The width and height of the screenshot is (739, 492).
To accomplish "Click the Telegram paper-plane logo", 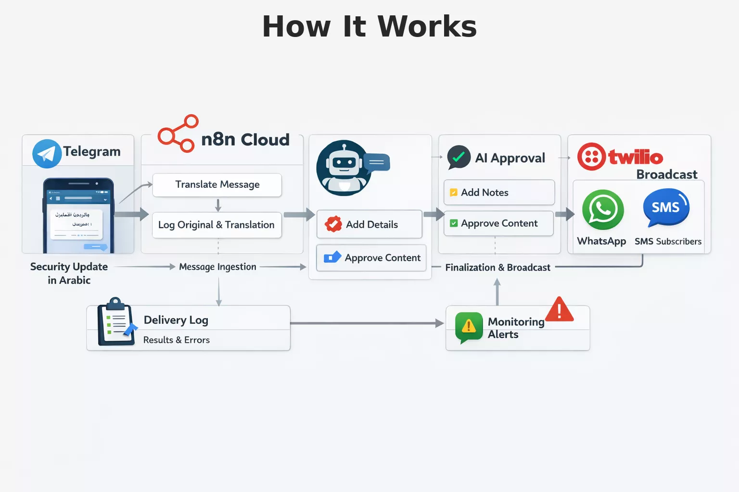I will [47, 154].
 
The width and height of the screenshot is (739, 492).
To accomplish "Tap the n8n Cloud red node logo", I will [178, 134].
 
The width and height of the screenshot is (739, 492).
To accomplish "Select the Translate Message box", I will [217, 185].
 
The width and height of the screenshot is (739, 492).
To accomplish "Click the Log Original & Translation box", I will [217, 225].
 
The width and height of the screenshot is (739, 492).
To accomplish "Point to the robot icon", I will [344, 168].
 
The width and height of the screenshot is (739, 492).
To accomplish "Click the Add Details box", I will [369, 224].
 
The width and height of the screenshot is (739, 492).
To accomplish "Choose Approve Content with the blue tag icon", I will [371, 258].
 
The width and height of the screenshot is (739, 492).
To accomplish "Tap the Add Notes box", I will [499, 193].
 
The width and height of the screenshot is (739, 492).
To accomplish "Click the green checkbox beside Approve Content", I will [454, 223].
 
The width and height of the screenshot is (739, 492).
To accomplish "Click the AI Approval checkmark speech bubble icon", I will [459, 157].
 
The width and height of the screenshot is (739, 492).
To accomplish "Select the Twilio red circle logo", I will [591, 157].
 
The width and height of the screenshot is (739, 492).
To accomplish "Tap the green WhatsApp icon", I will [603, 210].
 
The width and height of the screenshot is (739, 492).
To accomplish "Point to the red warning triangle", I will [559, 310].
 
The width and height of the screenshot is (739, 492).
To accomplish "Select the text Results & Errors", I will [177, 340].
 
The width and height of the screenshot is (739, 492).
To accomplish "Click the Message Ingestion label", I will [217, 267].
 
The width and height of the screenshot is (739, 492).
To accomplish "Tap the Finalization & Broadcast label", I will [497, 268].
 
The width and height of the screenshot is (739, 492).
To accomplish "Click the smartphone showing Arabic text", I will [78, 216].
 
